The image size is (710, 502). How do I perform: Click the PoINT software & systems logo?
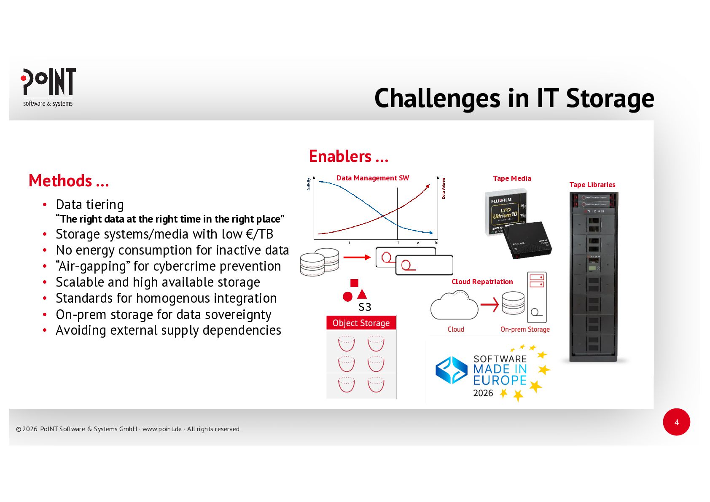point(48,87)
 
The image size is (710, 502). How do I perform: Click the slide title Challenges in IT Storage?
point(514,99)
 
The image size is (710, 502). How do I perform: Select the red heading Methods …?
point(69,181)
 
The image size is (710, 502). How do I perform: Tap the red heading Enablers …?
point(348,156)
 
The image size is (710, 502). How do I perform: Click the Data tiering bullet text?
point(90,204)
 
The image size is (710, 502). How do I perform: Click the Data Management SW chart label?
point(372,178)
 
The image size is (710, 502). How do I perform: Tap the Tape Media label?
point(512,178)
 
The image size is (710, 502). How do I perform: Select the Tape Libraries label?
point(592,185)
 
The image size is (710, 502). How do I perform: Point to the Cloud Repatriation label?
point(482,282)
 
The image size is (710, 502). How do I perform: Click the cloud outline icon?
point(454,306)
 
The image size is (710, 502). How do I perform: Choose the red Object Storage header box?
point(361,323)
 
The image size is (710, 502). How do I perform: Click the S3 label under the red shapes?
point(365,307)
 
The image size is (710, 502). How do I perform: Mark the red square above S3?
point(354,283)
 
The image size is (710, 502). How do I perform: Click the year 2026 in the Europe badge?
point(483,393)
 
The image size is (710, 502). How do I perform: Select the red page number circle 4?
point(676,422)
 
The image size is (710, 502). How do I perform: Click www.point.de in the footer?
point(162,429)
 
